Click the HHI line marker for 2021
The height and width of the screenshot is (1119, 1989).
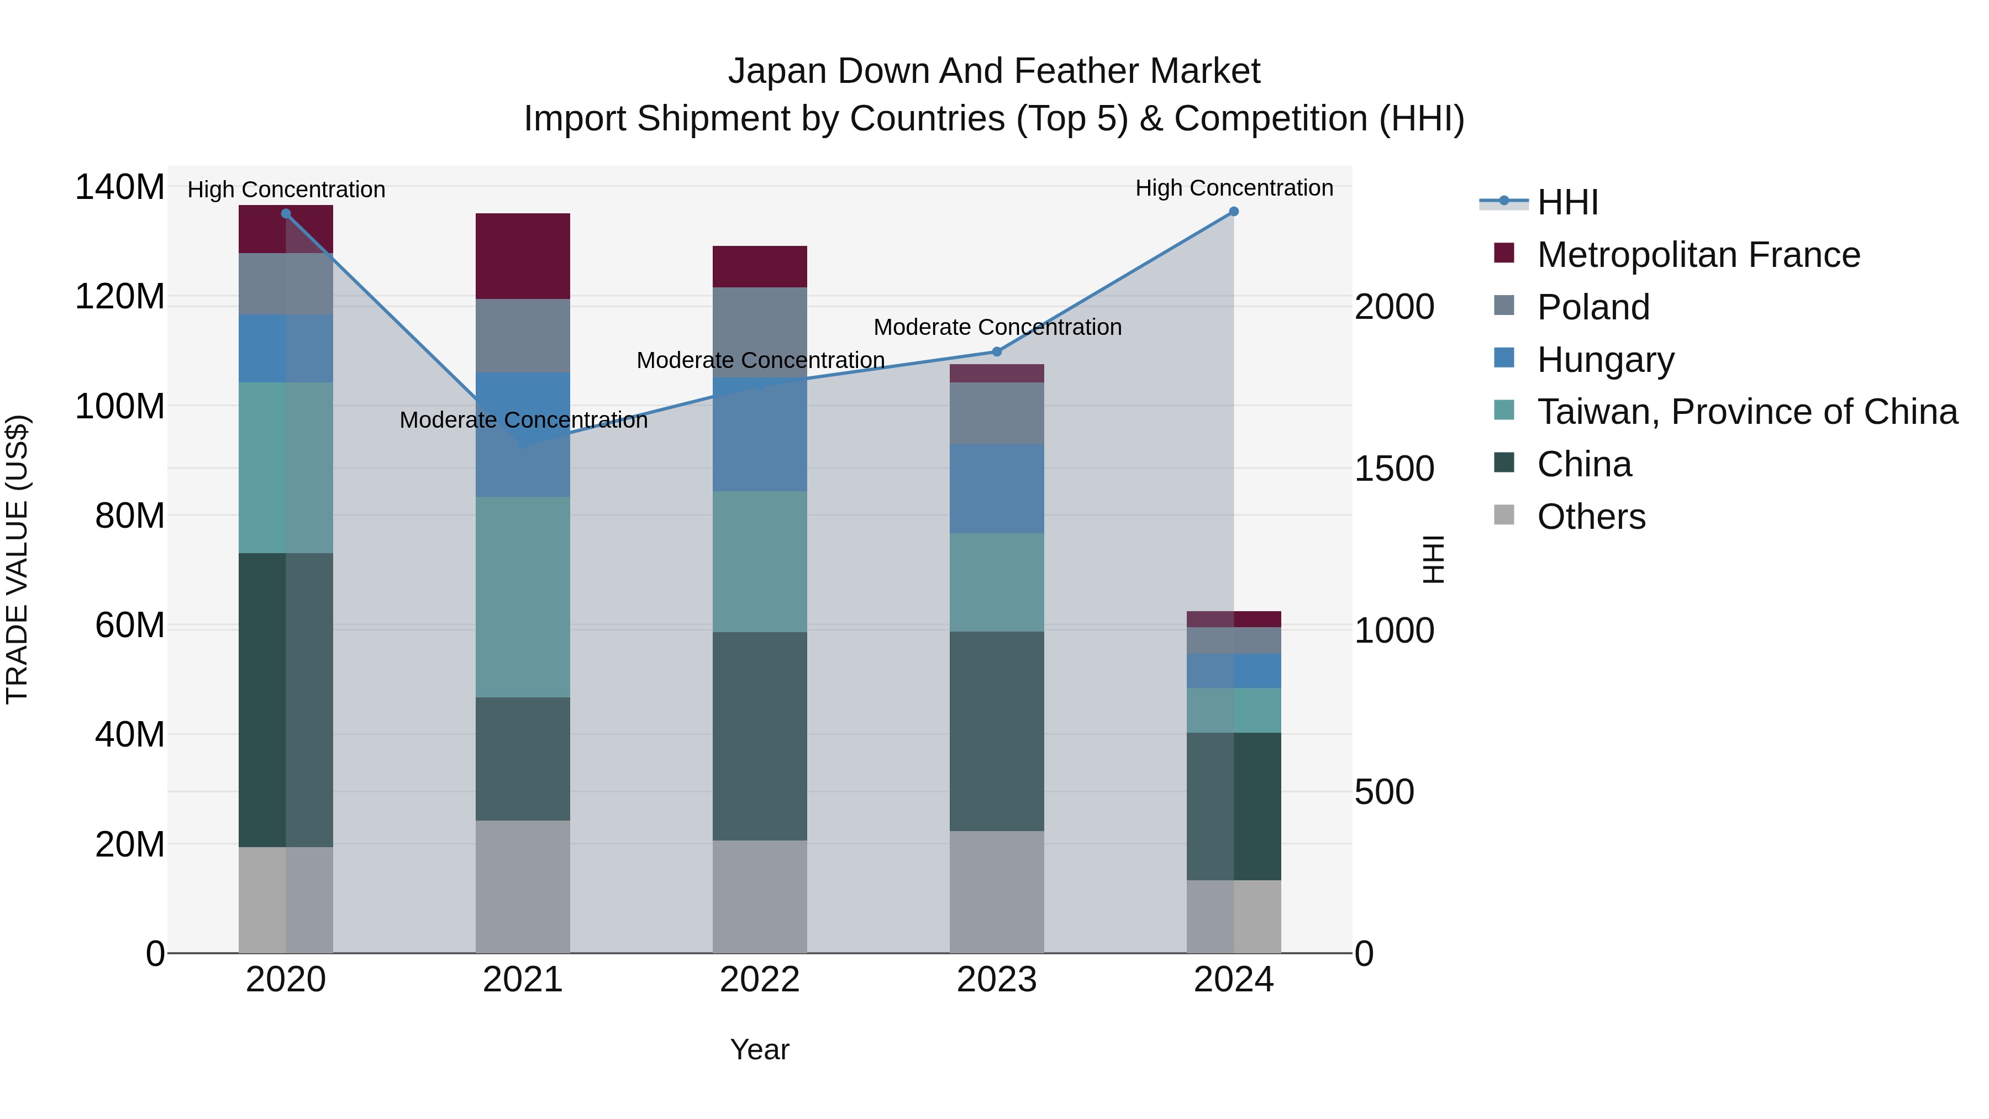click(x=523, y=445)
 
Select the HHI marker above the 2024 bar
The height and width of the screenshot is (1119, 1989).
click(x=1233, y=212)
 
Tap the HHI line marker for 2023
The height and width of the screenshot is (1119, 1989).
click(x=996, y=352)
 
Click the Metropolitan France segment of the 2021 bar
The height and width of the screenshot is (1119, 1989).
click(x=523, y=256)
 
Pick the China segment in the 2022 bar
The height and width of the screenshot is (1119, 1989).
click(x=759, y=736)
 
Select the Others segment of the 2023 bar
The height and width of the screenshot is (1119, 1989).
click(x=996, y=892)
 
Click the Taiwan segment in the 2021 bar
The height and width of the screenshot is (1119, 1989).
click(x=523, y=597)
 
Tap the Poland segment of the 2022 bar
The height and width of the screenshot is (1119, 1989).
click(x=759, y=332)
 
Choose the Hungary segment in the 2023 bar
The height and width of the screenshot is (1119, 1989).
click(x=996, y=489)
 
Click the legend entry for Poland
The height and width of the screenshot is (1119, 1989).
click(x=1593, y=307)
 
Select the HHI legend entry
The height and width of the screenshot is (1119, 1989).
click(x=1567, y=202)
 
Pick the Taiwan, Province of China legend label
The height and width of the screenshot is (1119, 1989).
click(x=1746, y=412)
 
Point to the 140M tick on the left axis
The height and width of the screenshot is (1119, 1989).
click(x=120, y=188)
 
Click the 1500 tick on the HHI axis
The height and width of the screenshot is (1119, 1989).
click(x=1395, y=469)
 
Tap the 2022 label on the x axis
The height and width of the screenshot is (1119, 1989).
click(x=759, y=980)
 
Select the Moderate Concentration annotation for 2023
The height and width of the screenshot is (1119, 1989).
click(x=997, y=328)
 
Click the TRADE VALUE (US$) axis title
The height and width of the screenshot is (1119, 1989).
click(x=18, y=559)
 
